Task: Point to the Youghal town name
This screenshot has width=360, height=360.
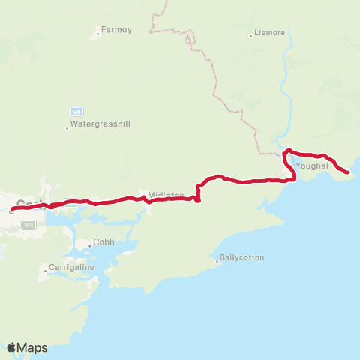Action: [312, 166]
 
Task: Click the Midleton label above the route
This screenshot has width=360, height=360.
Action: [166, 195]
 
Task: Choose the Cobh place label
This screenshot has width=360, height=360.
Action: [104, 243]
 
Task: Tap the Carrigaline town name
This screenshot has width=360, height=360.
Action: [73, 267]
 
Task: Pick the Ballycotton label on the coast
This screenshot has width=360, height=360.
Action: [242, 257]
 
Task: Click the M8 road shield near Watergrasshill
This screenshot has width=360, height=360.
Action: [77, 109]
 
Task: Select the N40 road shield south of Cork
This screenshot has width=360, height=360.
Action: [28, 223]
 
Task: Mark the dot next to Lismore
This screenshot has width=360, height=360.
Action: [252, 35]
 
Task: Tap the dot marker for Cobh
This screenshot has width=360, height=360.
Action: [91, 243]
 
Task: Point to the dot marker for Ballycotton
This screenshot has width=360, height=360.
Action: [217, 261]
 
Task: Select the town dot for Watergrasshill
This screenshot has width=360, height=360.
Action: [67, 127]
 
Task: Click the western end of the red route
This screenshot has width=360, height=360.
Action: [12, 210]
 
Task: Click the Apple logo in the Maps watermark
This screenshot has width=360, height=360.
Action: [12, 347]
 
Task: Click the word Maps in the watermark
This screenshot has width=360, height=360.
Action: [33, 347]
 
